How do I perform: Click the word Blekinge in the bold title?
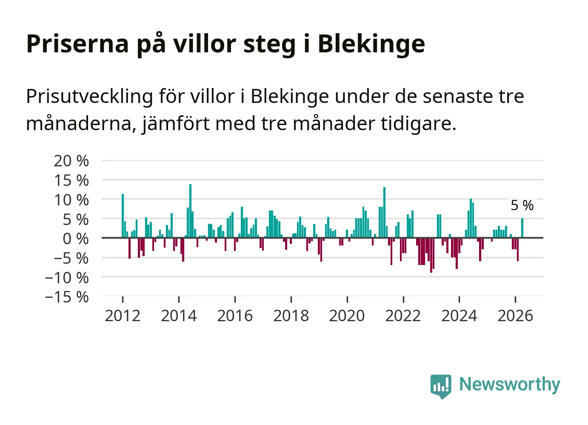point(371,44)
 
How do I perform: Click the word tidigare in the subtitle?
point(419,123)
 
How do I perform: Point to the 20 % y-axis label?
point(71,161)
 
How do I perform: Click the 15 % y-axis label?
point(71,180)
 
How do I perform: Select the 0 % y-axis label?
point(76,239)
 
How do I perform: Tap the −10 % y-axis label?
point(67,278)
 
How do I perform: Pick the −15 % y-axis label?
point(67,297)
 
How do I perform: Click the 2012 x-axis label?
point(123,316)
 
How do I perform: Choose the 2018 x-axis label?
point(291,316)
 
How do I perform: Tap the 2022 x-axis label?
point(403,316)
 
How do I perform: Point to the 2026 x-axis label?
point(515,316)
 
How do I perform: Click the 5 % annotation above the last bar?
point(522,205)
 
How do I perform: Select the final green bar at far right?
point(522,228)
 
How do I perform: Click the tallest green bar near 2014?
point(190,211)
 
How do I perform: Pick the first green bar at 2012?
point(123,216)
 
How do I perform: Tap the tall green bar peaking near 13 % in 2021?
point(384,212)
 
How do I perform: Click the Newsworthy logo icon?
point(441,386)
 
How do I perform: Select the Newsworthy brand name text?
point(510,384)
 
